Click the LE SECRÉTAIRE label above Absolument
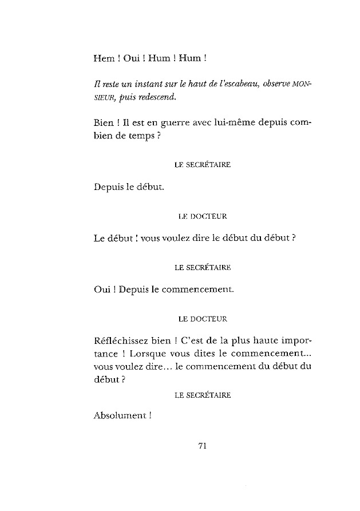202,395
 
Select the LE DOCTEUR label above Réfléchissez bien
202,318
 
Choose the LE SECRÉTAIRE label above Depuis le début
202,165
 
